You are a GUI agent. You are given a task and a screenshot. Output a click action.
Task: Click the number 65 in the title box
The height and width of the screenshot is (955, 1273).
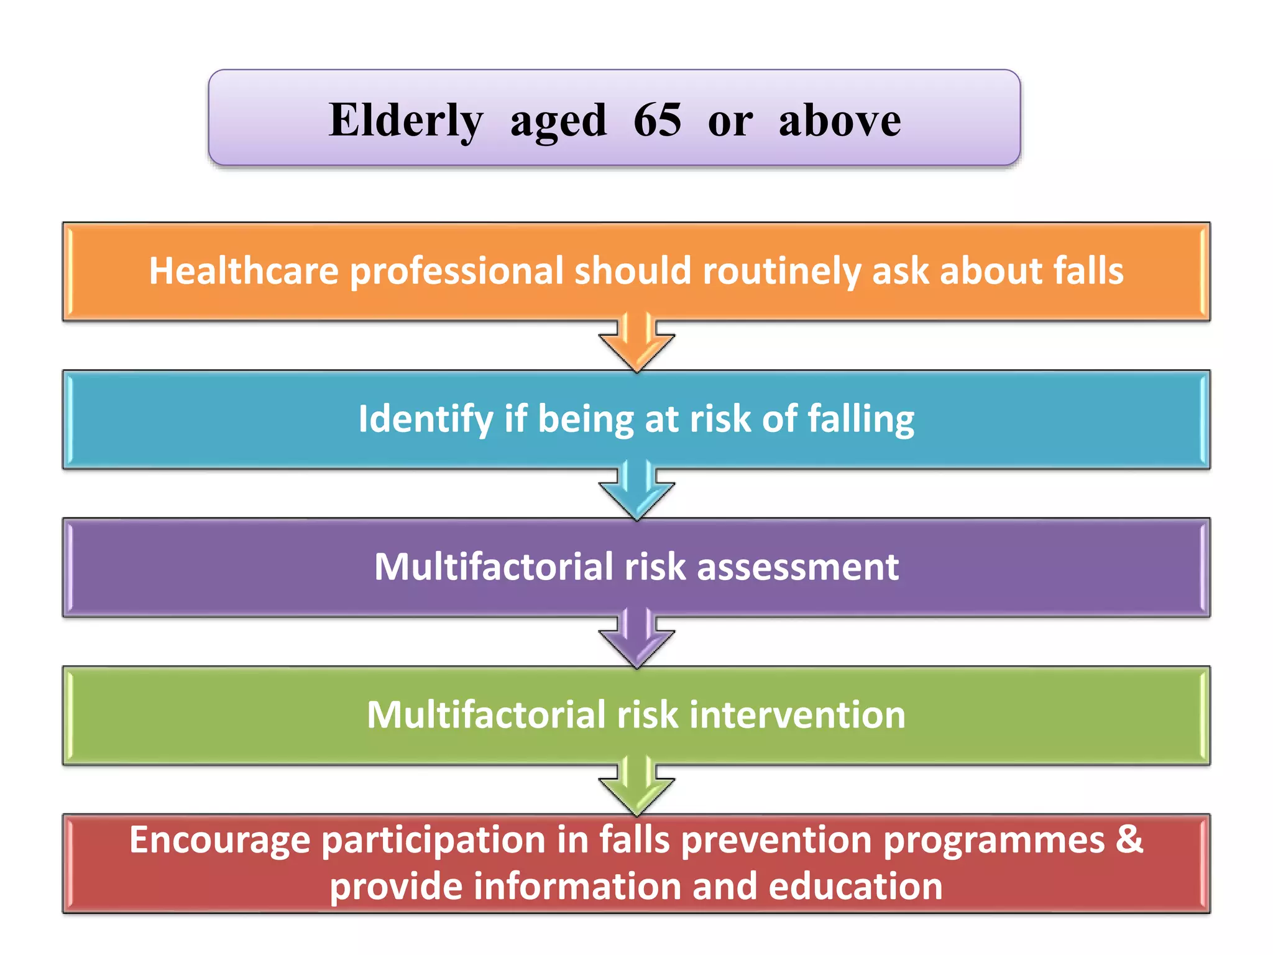pyautogui.click(x=657, y=119)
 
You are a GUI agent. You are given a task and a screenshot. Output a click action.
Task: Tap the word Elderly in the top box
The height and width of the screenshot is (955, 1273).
pyautogui.click(x=406, y=119)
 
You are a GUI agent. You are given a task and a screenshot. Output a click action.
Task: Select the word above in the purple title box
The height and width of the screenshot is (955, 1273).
pyautogui.click(x=839, y=119)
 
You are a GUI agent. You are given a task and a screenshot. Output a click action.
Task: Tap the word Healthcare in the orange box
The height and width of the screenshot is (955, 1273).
pyautogui.click(x=243, y=271)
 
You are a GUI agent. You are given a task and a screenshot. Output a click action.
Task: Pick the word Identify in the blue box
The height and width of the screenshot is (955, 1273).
pyautogui.click(x=426, y=419)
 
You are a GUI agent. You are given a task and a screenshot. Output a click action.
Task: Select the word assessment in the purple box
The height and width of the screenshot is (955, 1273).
pyautogui.click(x=797, y=567)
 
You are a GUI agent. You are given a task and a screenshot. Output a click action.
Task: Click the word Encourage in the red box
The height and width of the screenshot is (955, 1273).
pyautogui.click(x=219, y=840)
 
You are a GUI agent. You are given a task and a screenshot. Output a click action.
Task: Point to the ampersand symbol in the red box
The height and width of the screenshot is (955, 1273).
pyautogui.click(x=1129, y=840)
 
